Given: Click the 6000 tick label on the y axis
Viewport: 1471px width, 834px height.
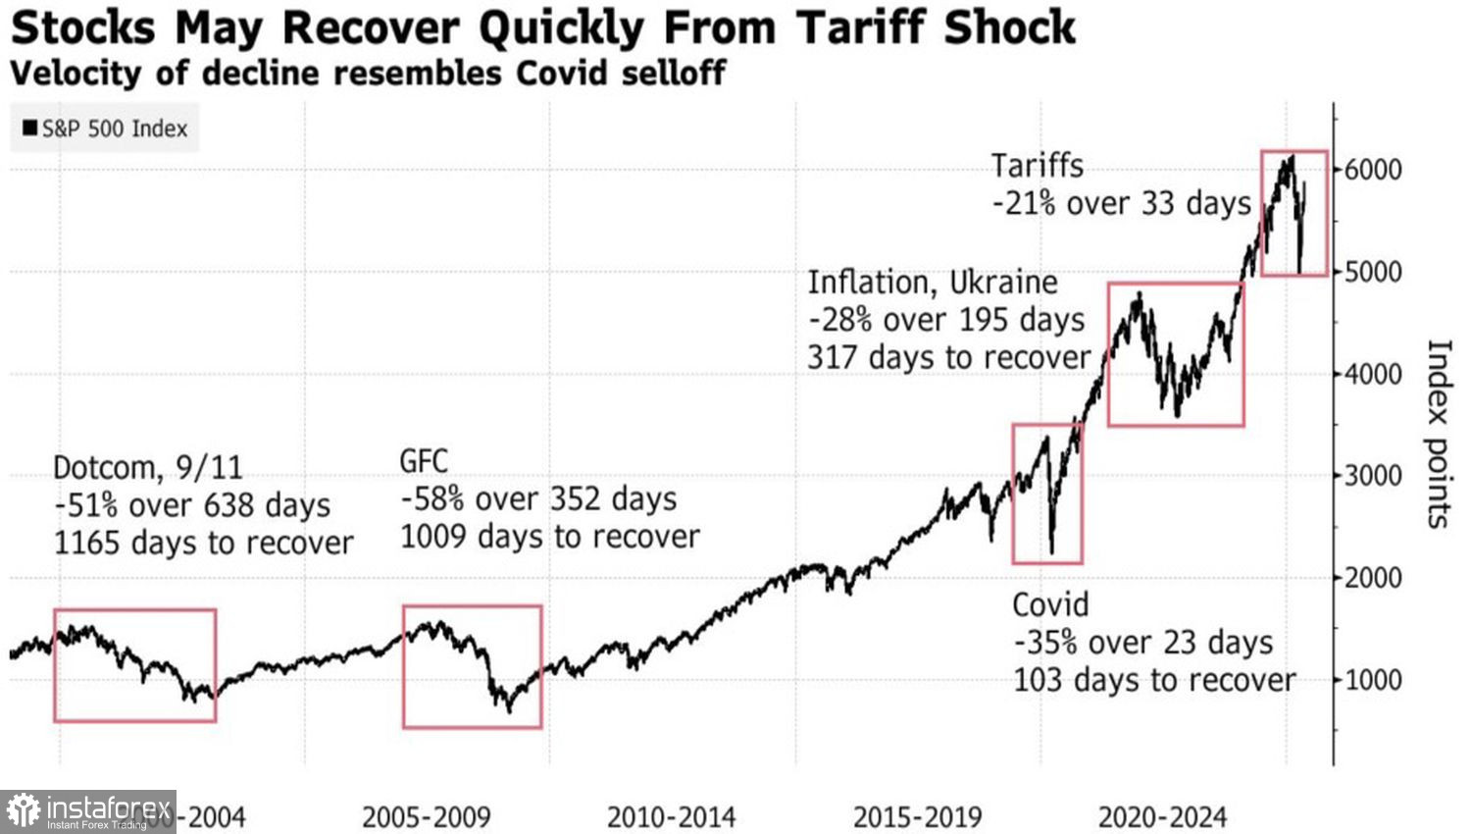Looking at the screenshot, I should pyautogui.click(x=1373, y=170).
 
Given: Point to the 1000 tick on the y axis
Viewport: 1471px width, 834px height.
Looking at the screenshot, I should pyautogui.click(x=1373, y=679).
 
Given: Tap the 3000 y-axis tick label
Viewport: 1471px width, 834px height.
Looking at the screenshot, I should pyautogui.click(x=1373, y=476).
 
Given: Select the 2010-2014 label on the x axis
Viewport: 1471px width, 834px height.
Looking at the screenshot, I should pyautogui.click(x=671, y=816).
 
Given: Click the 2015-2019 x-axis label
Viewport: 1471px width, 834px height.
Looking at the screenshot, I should pyautogui.click(x=917, y=816).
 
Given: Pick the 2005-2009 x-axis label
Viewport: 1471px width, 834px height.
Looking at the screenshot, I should pyautogui.click(x=426, y=816).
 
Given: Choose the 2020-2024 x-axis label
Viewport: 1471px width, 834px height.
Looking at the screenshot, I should pyautogui.click(x=1162, y=816).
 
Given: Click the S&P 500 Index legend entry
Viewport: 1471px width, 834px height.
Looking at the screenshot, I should pyautogui.click(x=105, y=129).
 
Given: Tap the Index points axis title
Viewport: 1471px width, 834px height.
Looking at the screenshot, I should pyautogui.click(x=1438, y=434).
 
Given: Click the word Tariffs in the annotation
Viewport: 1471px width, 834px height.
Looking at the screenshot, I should pyautogui.click(x=1037, y=166).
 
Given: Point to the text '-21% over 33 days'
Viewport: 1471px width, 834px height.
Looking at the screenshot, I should pyautogui.click(x=1122, y=203).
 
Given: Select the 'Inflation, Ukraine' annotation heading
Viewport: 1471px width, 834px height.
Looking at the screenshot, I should pyautogui.click(x=933, y=283).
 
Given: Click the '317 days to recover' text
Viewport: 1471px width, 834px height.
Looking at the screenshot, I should pyautogui.click(x=948, y=357).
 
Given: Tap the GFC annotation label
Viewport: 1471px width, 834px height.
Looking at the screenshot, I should pyautogui.click(x=424, y=461).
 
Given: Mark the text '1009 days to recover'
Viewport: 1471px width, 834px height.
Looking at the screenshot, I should pyautogui.click(x=550, y=537).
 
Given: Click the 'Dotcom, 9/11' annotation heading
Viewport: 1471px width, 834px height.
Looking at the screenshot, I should pyautogui.click(x=147, y=467).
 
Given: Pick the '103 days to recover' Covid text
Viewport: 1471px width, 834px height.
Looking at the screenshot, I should pyautogui.click(x=1154, y=680).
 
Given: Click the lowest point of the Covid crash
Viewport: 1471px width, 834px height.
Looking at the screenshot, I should pyautogui.click(x=1051, y=552).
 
